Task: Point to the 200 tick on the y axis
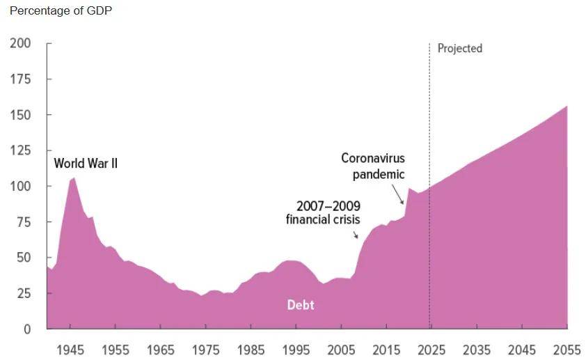click(21, 43)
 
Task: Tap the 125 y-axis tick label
click(21, 150)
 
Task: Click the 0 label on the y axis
click(27, 329)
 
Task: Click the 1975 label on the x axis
click(205, 350)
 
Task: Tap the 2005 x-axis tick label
click(341, 350)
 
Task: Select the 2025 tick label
click(431, 350)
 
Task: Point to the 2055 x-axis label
click(567, 350)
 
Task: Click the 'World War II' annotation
click(86, 164)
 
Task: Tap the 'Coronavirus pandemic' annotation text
click(373, 166)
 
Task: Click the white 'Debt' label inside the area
click(301, 305)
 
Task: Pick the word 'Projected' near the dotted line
click(459, 49)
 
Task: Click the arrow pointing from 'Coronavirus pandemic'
click(397, 194)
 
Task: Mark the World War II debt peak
click(74, 178)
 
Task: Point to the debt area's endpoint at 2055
click(567, 107)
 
